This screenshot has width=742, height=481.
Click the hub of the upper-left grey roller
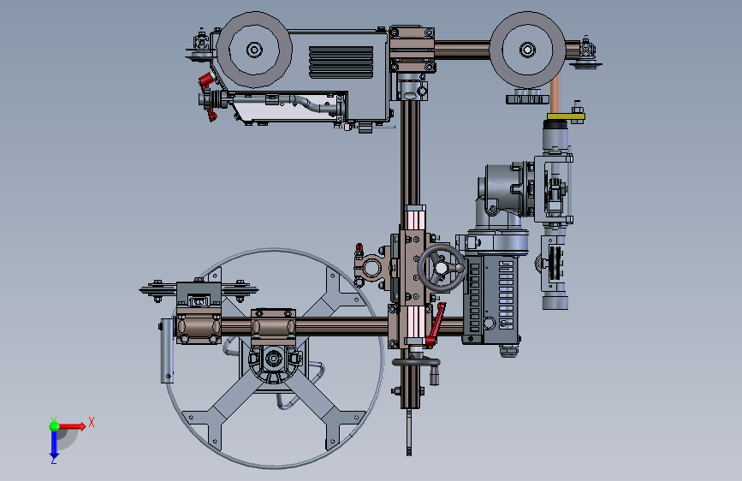click(x=254, y=50)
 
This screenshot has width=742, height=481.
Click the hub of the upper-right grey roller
click(x=527, y=50)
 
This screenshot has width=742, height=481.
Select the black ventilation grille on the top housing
click(x=341, y=62)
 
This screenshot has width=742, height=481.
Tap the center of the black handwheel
click(x=441, y=268)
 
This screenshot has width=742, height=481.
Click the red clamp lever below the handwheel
click(x=436, y=324)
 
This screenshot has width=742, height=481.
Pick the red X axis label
click(x=92, y=422)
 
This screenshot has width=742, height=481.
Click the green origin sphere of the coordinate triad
click(x=55, y=426)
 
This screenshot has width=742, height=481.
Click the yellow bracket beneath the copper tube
click(x=566, y=116)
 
